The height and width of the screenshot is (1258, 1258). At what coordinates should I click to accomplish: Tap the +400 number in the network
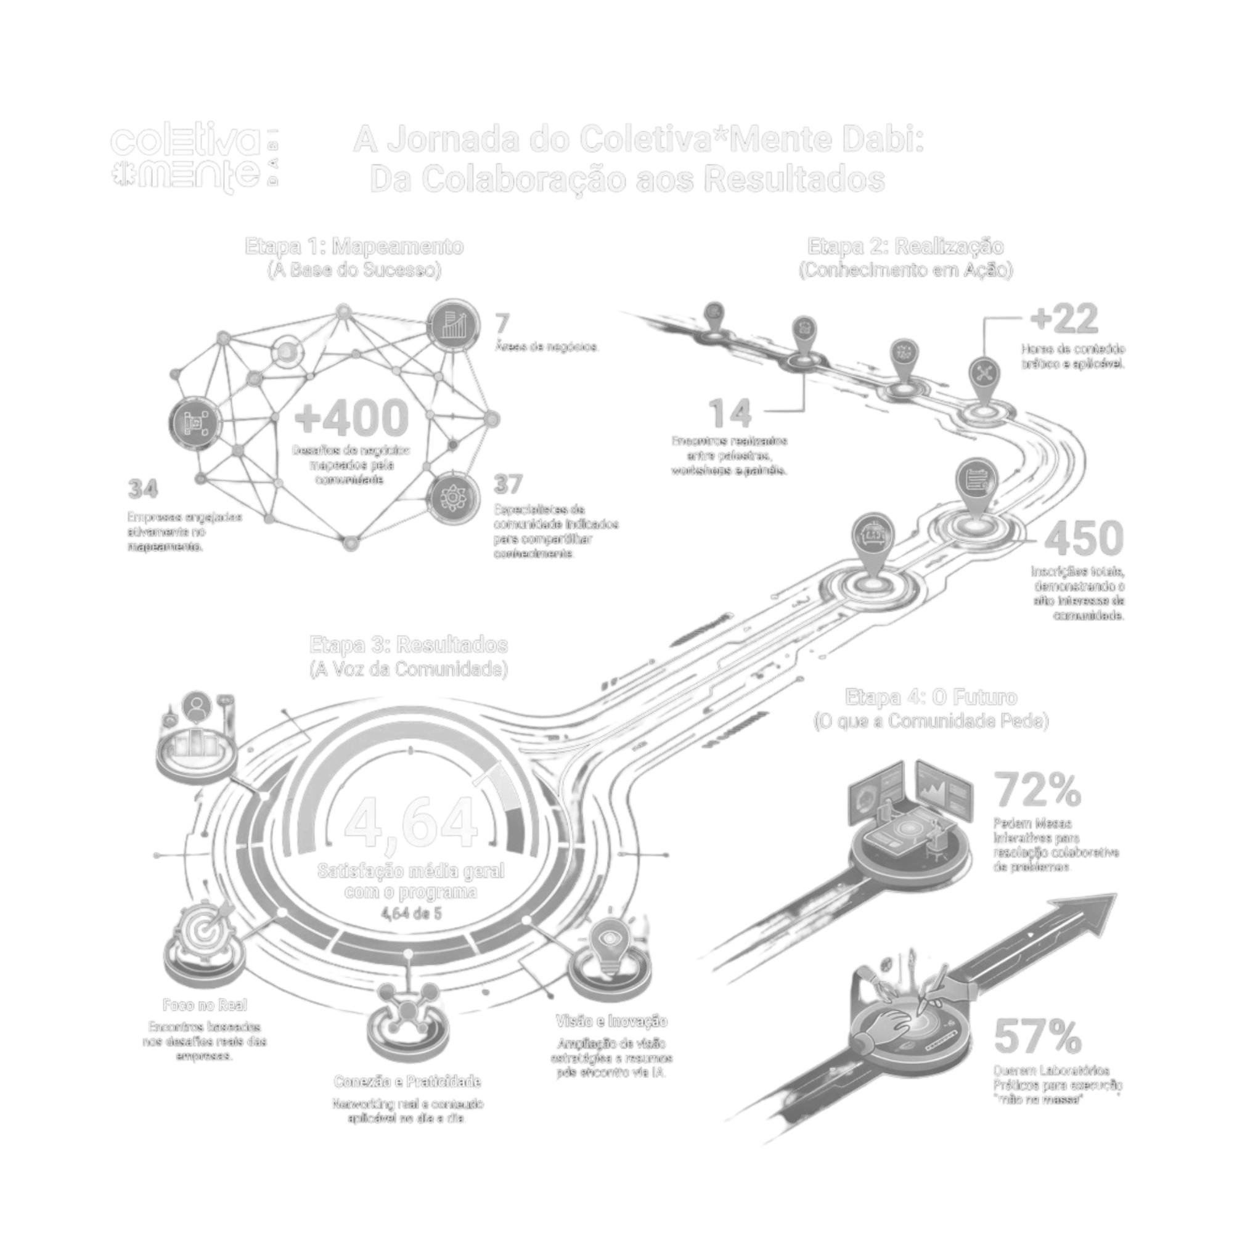point(351,419)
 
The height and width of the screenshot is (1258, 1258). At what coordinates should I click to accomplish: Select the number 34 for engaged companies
point(143,489)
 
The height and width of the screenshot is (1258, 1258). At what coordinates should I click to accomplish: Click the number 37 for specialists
point(508,484)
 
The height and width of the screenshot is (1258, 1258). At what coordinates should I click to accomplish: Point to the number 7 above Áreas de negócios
point(502,324)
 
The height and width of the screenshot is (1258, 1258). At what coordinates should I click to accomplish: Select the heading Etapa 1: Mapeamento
point(354,247)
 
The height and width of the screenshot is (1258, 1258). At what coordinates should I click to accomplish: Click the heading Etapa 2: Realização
point(905,247)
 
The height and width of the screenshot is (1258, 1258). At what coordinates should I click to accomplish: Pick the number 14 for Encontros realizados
point(729,413)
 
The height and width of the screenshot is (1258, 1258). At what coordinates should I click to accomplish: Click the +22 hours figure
point(1064,319)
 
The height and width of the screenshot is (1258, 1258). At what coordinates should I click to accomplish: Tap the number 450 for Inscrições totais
point(1084,539)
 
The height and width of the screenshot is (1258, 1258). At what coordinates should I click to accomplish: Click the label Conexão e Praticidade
point(407,1082)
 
